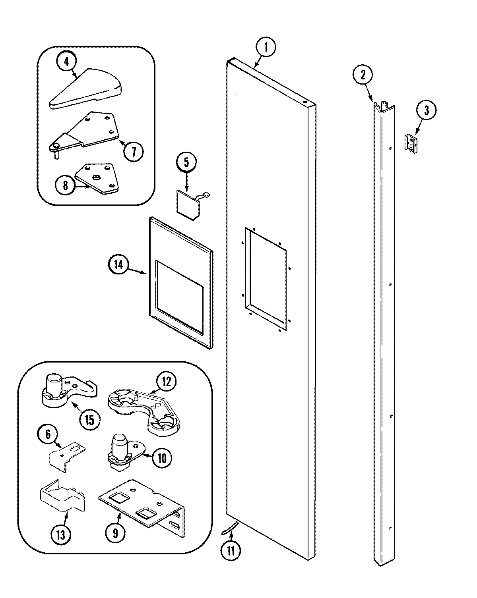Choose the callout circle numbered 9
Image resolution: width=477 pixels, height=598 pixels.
115,532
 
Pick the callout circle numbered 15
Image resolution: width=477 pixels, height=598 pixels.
89,420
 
